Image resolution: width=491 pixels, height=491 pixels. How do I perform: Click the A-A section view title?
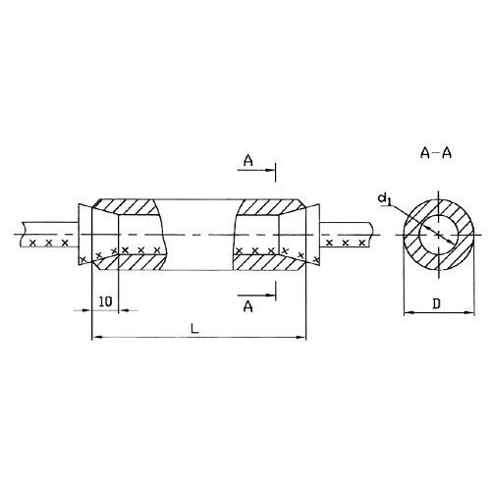pos(436,153)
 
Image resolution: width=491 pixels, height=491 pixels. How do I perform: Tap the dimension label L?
pos(194,328)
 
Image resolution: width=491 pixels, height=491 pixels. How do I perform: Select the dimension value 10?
pos(105,301)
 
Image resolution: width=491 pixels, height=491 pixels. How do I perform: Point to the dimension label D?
pos(437,303)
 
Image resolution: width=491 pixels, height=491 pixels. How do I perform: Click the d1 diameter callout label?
pos(385,199)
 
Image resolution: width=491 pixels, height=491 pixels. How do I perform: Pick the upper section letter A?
pos(248,160)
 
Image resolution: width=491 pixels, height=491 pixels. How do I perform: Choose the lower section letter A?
pos(248,306)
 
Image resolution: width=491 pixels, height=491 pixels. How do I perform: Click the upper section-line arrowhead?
pos(269,170)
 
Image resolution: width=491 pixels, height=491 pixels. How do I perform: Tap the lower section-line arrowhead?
pos(270,295)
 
